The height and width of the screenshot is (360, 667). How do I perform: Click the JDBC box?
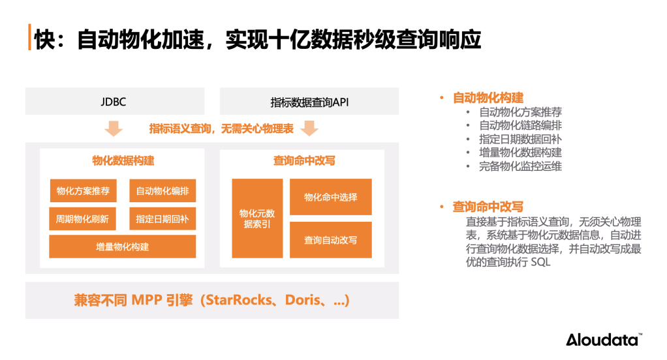114,102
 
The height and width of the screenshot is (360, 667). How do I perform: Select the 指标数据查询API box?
309,102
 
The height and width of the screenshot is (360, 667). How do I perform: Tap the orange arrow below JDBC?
114,128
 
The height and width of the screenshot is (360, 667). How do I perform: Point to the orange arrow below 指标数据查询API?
309,128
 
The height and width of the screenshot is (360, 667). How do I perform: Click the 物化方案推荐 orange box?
83,191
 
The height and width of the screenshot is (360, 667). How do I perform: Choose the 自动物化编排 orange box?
163,191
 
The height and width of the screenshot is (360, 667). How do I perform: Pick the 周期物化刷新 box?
83,219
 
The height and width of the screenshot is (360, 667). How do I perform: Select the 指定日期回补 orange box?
163,219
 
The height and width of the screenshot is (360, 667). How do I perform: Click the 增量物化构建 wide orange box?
123,247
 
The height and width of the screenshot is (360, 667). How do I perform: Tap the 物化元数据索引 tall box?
257,218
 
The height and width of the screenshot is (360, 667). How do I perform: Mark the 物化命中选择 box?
331,197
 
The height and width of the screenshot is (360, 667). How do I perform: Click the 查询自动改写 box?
331,239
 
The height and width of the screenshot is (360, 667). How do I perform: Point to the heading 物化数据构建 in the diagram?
123,160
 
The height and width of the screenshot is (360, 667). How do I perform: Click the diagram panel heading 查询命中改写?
304,160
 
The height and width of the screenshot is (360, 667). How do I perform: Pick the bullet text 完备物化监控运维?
520,166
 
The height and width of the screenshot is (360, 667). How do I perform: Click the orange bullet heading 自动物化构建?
488,98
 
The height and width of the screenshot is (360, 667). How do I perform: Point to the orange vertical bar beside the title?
29,38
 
